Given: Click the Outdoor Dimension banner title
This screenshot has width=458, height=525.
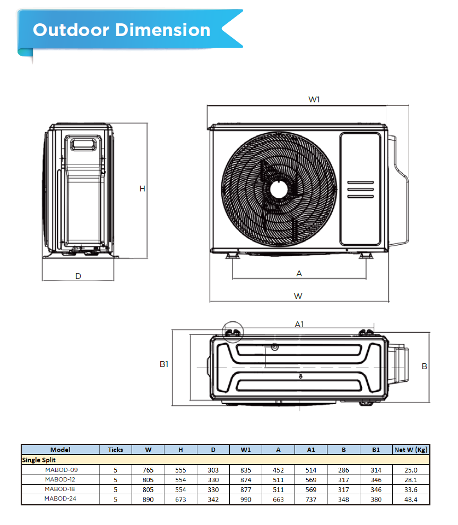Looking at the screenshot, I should point(122,30).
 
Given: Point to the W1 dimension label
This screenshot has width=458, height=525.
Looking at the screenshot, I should point(314,99).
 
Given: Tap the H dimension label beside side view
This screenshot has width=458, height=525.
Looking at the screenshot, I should point(142,189).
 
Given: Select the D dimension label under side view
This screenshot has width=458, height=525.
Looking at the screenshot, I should point(78,276).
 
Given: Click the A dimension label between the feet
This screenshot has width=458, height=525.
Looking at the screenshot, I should point(299,274).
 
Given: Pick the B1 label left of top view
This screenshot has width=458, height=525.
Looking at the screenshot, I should point(164,364).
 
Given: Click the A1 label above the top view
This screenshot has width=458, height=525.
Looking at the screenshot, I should point(299,324).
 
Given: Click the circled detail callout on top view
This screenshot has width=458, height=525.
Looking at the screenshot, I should point(232,332).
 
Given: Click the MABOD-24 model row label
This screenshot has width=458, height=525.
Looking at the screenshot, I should point(61,499).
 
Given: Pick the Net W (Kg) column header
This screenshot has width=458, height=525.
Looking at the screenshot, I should point(411,450).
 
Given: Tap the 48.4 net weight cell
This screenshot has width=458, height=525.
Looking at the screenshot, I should point(411,499).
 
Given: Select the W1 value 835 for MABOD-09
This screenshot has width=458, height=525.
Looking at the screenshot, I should point(246,470).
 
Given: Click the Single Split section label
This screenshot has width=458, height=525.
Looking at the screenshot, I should point(39,460).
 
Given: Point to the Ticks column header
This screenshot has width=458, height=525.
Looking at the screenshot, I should point(115,450).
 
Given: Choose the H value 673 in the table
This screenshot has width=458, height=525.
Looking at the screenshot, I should point(180,499).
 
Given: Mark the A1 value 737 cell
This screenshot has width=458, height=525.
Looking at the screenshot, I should point(311,499).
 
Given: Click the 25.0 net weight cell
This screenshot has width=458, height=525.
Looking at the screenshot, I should point(411,470).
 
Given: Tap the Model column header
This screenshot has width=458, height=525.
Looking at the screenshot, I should point(60,450).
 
